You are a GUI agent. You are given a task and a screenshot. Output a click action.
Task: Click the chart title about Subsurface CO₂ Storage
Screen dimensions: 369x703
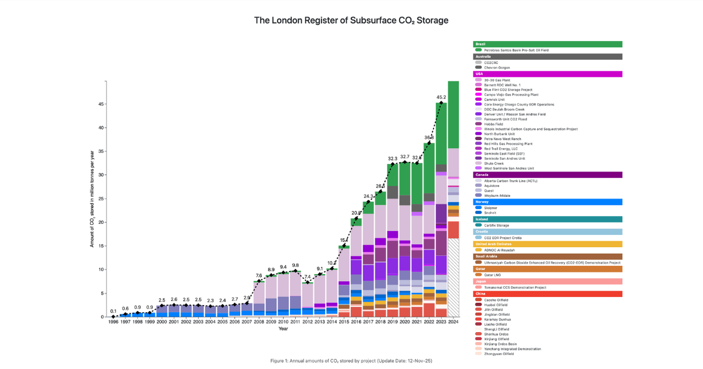[351, 20]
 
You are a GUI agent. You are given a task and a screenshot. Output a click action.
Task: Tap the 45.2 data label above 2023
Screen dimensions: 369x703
[442, 97]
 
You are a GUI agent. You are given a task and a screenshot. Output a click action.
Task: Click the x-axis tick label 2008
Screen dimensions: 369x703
[258, 322]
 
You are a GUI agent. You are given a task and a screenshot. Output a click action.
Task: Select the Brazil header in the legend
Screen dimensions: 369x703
[547, 44]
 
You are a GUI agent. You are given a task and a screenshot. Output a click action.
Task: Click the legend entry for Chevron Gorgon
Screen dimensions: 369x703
[499, 67]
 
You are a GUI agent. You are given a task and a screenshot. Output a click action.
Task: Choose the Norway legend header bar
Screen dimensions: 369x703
[547, 201]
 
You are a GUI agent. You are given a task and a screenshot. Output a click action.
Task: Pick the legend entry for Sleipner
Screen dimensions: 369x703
[492, 207]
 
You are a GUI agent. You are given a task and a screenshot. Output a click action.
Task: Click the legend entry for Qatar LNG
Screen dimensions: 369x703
[494, 275]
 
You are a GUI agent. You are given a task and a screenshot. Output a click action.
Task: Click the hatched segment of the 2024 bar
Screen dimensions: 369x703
[453, 278]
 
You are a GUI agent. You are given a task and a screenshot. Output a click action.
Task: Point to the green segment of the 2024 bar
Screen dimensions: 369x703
[453, 114]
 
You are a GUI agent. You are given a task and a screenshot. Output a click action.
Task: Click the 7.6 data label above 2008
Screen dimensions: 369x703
[258, 275]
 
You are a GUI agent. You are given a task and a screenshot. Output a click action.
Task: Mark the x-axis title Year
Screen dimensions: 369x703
[283, 329]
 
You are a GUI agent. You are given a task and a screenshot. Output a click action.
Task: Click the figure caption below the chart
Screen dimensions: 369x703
[351, 360]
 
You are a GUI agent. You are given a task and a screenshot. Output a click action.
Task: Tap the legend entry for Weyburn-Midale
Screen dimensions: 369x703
[497, 195]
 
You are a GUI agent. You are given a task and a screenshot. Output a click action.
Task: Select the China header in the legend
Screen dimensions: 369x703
[547, 293]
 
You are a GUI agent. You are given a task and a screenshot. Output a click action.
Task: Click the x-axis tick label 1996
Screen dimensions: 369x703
[113, 322]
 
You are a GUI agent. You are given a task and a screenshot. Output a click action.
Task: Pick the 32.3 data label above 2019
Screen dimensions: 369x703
[393, 159]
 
